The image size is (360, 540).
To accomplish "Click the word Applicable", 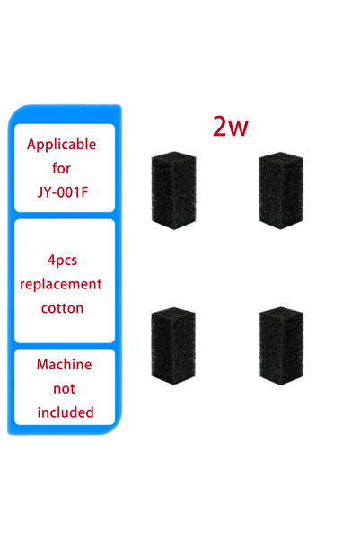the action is (x=62, y=145).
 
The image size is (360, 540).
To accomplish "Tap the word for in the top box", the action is (x=61, y=168).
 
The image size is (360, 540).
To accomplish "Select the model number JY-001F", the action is (x=63, y=191).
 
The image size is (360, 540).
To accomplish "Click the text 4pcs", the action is (x=62, y=261).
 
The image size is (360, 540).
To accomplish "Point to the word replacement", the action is (x=61, y=284).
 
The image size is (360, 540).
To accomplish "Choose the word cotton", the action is (x=62, y=308).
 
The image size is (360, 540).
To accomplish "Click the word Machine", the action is (x=64, y=365).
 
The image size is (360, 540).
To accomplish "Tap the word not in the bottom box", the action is (x=64, y=388).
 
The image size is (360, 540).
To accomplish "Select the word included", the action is (x=66, y=412).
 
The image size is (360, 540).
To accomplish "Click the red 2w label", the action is (x=230, y=126).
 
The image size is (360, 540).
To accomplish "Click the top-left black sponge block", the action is (x=174, y=190).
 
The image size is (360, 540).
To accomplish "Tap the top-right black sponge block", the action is (x=281, y=190).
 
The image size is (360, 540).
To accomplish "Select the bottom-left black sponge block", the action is (x=173, y=346).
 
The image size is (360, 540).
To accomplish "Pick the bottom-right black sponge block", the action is (x=282, y=346).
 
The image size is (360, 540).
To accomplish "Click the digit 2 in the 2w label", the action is (x=220, y=126).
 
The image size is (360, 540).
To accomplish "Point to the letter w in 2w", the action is (x=239, y=129).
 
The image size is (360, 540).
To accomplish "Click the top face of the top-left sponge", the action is (x=174, y=156).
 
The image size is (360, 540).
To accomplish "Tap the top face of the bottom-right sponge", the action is (x=282, y=312).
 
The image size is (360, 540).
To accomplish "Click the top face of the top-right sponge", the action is (x=281, y=157).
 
